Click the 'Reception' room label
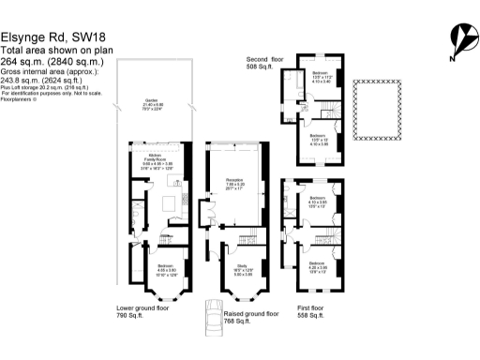click(x=234, y=180)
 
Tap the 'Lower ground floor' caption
click(x=142, y=307)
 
